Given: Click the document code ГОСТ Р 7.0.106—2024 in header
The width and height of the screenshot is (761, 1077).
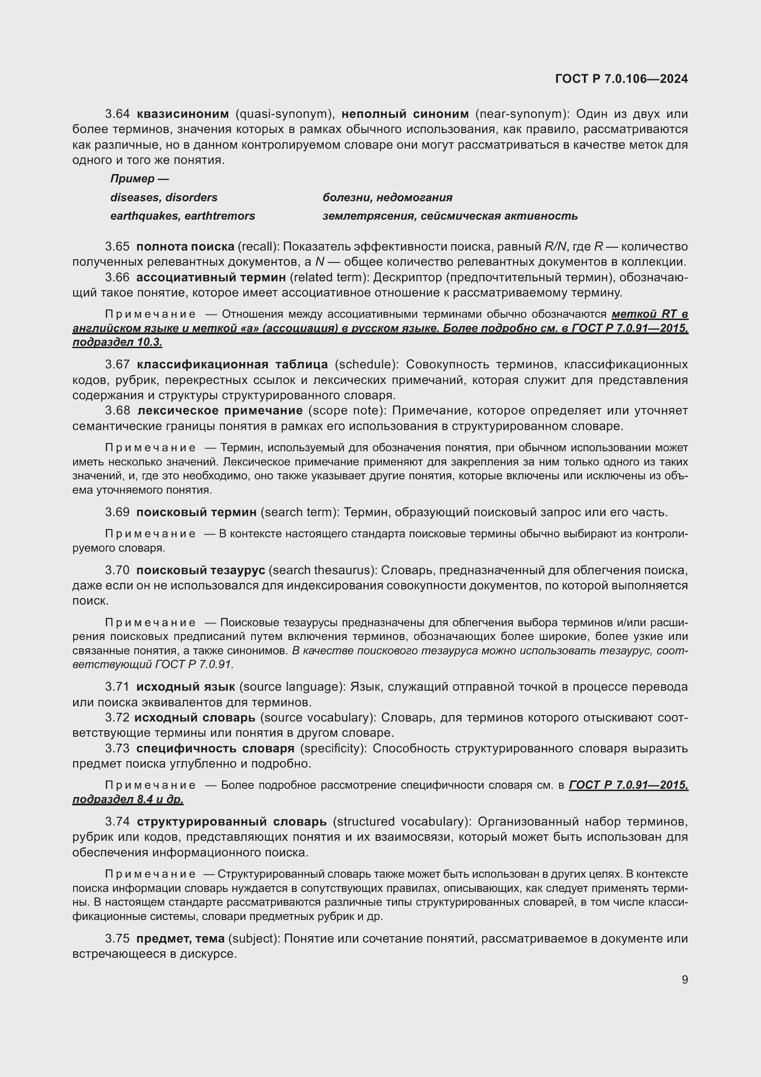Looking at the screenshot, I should click(x=621, y=79).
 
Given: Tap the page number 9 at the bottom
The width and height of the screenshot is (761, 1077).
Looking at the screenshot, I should click(x=685, y=979).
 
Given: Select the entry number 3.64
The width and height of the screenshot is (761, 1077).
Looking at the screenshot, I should click(x=117, y=114).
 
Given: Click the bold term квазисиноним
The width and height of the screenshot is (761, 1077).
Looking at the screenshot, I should click(x=183, y=114).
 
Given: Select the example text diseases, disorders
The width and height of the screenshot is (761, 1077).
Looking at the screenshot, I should click(x=164, y=198).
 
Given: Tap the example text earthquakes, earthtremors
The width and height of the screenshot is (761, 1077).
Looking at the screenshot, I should click(x=183, y=216).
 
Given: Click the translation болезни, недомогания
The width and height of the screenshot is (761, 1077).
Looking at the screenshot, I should click(x=387, y=198).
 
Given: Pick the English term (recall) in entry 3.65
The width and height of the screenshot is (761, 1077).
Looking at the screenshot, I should click(x=259, y=247).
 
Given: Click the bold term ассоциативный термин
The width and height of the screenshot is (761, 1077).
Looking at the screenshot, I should click(x=211, y=278).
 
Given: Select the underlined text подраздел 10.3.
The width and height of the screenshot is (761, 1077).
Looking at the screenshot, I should click(x=117, y=343).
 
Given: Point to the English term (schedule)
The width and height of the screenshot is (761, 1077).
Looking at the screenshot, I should click(x=366, y=365).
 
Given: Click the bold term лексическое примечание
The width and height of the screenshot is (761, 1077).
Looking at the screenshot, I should click(x=220, y=411).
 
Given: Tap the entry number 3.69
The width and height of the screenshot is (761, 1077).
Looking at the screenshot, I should click(x=117, y=512).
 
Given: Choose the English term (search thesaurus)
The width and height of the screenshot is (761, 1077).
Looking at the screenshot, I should click(x=323, y=571).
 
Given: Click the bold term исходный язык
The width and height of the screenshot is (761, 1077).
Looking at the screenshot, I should click(x=185, y=687).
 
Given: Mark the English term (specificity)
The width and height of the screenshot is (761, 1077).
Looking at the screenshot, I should click(x=333, y=749).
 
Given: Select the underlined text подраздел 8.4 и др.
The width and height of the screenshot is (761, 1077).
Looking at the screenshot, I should click(x=128, y=799).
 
